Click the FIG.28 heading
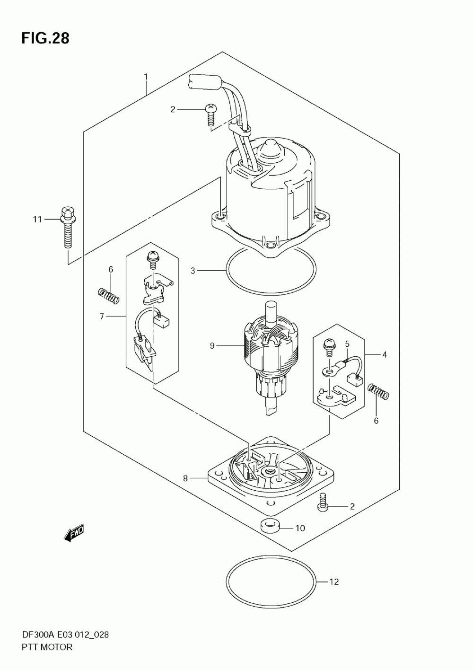point(45,38)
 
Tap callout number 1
point(146,77)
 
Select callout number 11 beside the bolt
point(37,220)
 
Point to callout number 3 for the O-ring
point(193,271)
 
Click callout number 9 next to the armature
point(212,346)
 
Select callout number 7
point(102,316)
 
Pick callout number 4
point(385,354)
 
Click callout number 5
point(347,344)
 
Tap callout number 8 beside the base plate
point(186,478)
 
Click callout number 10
point(300,528)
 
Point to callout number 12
point(334,582)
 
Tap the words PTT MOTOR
point(47,647)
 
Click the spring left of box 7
point(108,297)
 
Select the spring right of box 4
point(378,391)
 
